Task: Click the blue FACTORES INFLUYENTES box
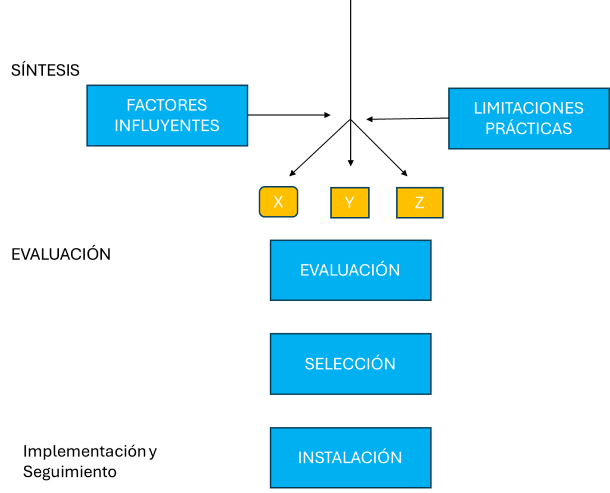tap(167, 115)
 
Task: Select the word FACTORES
tap(167, 106)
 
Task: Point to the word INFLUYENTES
tap(167, 126)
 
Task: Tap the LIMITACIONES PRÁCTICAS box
tap(528, 118)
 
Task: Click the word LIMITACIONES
tap(528, 108)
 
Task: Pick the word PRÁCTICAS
tap(528, 128)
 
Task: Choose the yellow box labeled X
tap(278, 202)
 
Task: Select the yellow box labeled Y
tap(350, 203)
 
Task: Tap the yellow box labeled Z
tap(419, 203)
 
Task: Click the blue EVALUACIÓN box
tap(350, 270)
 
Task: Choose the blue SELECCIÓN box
tap(350, 364)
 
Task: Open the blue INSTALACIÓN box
tap(350, 457)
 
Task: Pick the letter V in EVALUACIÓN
tap(314, 271)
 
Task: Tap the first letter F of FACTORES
tap(130, 106)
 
